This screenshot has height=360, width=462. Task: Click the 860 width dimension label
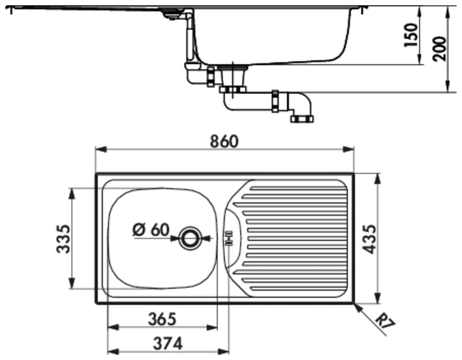224,141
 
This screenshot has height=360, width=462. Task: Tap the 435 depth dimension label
369,239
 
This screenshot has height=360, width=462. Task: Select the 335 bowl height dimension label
63,239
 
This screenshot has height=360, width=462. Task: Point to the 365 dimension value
162,319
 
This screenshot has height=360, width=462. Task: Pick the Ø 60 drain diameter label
151,230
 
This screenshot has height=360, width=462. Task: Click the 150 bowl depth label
411,34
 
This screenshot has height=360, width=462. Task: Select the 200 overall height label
440,49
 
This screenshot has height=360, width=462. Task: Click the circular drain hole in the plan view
190,238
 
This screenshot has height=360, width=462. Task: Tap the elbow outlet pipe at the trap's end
302,107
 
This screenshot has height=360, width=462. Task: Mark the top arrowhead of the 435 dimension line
378,179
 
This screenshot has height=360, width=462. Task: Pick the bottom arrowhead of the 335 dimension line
71,283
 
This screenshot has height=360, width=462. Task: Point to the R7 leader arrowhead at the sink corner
358,308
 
